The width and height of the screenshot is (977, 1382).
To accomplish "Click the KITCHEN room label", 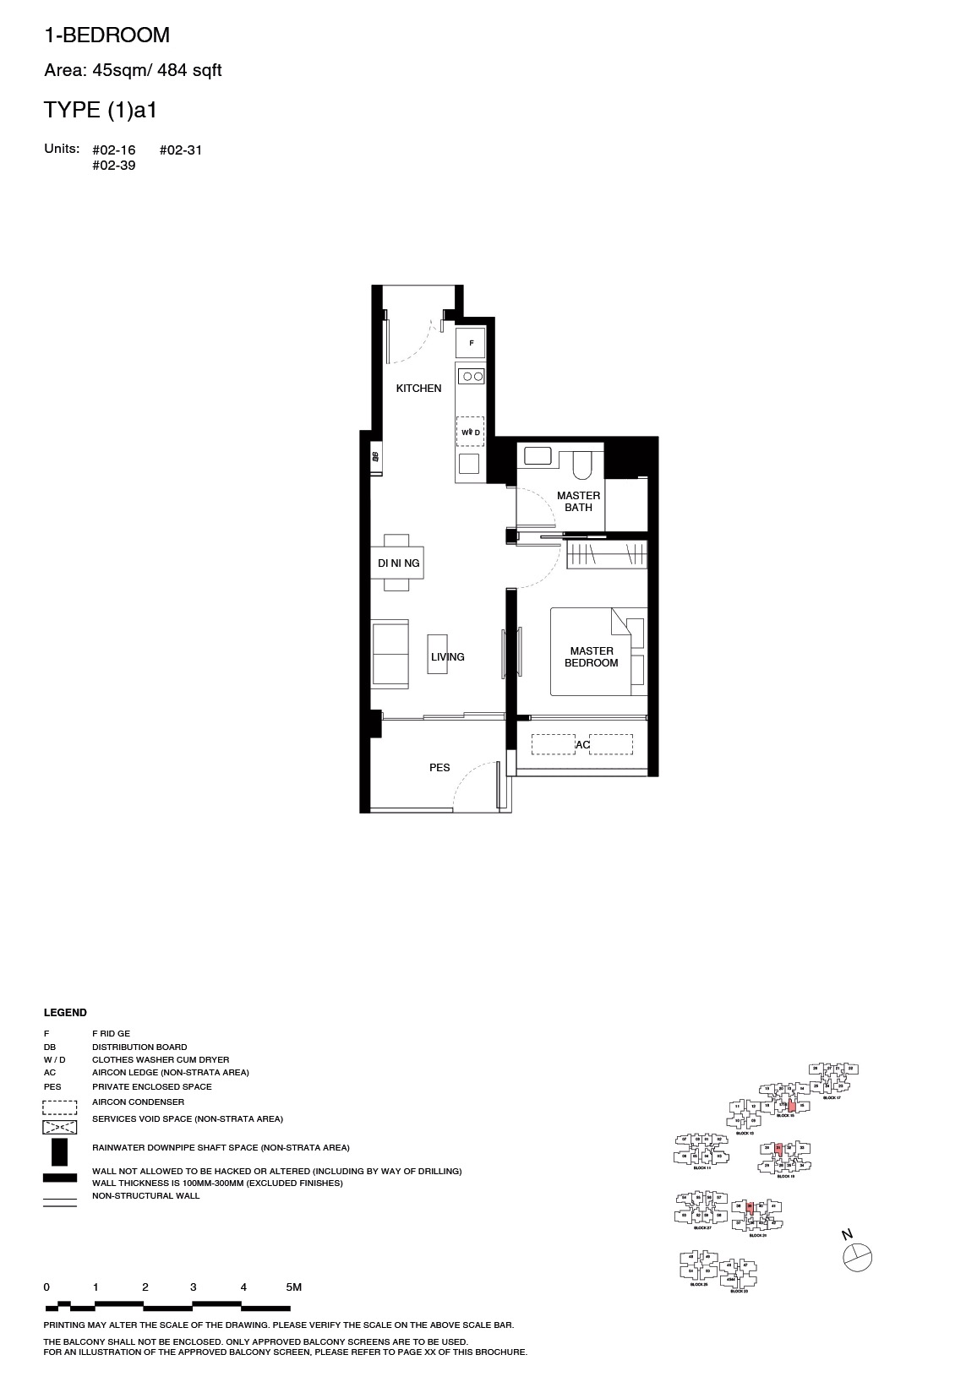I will (x=419, y=389).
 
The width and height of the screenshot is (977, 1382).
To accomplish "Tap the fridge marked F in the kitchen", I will (x=471, y=343).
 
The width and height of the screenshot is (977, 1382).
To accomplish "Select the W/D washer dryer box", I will (x=471, y=432).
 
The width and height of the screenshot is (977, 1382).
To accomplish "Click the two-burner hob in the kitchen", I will (x=471, y=376).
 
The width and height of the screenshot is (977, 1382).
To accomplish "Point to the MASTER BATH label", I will (x=579, y=502).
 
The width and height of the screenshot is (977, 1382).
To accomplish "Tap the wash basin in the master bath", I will (x=538, y=456).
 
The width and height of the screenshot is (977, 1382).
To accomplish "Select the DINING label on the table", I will (x=398, y=563).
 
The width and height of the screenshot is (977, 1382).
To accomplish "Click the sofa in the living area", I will (x=390, y=654).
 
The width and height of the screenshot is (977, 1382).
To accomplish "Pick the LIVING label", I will (x=448, y=657).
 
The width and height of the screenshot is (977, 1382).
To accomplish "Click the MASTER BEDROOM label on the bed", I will (x=592, y=657).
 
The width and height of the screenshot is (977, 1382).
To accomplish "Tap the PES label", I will (x=439, y=768).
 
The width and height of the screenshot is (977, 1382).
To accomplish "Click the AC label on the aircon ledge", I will (x=583, y=745).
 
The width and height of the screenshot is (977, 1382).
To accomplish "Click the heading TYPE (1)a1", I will (x=101, y=110).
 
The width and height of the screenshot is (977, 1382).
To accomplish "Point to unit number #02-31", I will (x=181, y=150).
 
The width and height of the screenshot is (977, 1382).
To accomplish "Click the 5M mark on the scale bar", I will (x=293, y=1287).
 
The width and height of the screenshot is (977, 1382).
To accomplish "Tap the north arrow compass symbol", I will (x=857, y=1257).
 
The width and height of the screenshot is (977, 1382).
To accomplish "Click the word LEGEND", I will (x=65, y=1013).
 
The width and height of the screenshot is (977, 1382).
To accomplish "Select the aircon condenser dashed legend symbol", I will (x=60, y=1107).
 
